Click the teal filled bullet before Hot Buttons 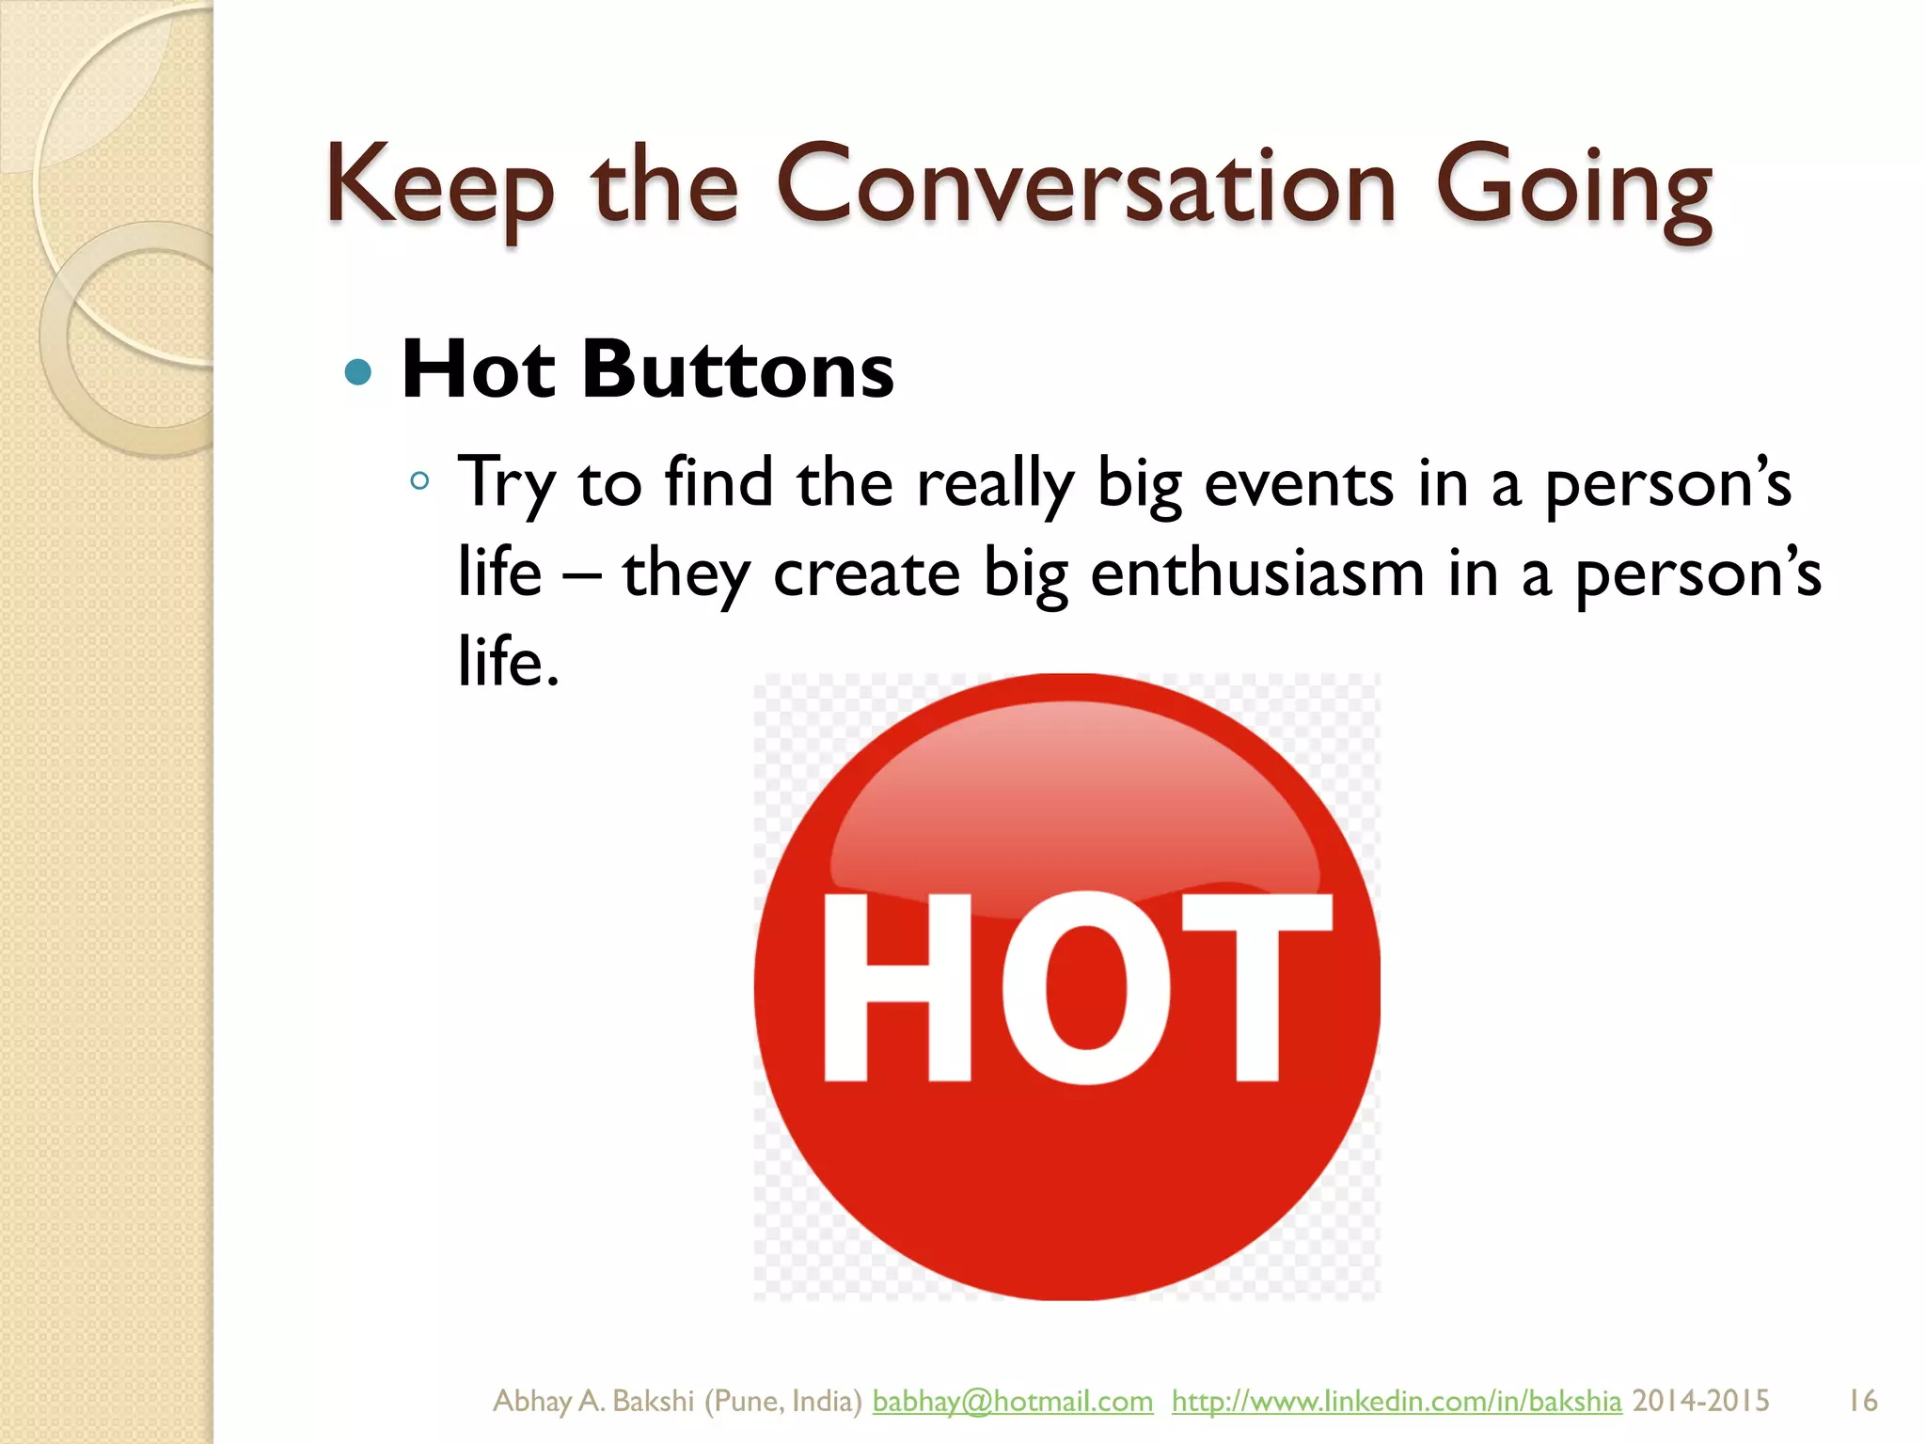[x=358, y=373]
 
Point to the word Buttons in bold [x=737, y=369]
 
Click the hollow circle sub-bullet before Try [x=419, y=482]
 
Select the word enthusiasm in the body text [x=1257, y=573]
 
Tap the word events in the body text [x=1299, y=483]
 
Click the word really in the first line [x=995, y=485]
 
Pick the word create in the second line [x=866, y=573]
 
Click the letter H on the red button [x=897, y=987]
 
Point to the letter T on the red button [x=1255, y=987]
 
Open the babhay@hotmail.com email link [x=1012, y=1401]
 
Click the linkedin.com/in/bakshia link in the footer [x=1396, y=1401]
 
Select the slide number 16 [x=1862, y=1401]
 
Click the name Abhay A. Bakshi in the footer [x=592, y=1401]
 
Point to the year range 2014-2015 [x=1700, y=1401]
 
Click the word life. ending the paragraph [x=509, y=662]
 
